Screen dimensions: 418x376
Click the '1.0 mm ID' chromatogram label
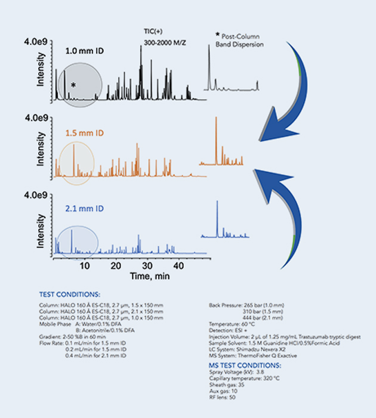tap(85, 52)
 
